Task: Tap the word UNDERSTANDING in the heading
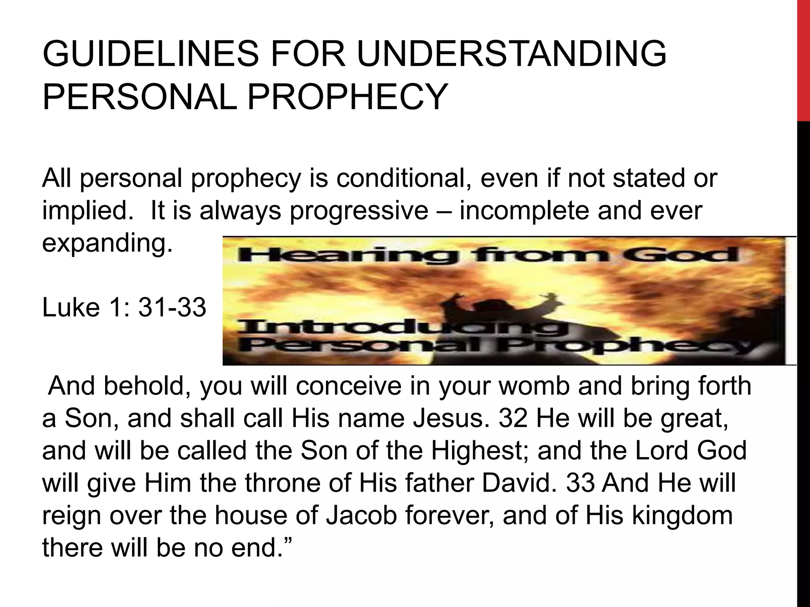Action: [x=512, y=54]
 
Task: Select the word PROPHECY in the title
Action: [x=347, y=97]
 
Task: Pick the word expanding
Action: [x=107, y=243]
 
